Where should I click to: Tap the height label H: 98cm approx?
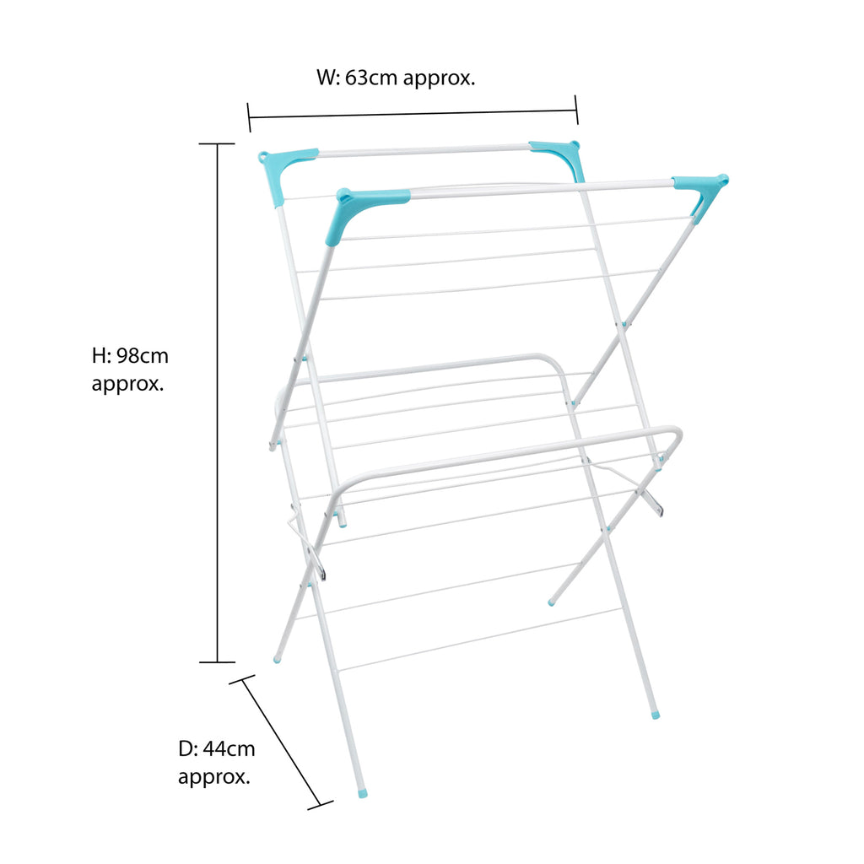pyautogui.click(x=130, y=370)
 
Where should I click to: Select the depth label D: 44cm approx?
pyautogui.click(x=216, y=763)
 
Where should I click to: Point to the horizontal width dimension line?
pyautogui.click(x=413, y=114)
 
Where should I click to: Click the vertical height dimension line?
pyautogui.click(x=217, y=402)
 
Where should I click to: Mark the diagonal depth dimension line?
pyautogui.click(x=281, y=742)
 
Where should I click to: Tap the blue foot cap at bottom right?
pyautogui.click(x=655, y=715)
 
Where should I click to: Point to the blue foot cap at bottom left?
pyautogui.click(x=277, y=658)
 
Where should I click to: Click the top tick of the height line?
pyautogui.click(x=217, y=143)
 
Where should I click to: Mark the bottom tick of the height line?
pyautogui.click(x=217, y=661)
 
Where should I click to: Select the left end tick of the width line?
pyautogui.click(x=249, y=117)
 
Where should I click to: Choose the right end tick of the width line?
pyautogui.click(x=576, y=111)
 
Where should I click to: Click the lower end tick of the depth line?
pyautogui.click(x=320, y=806)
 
